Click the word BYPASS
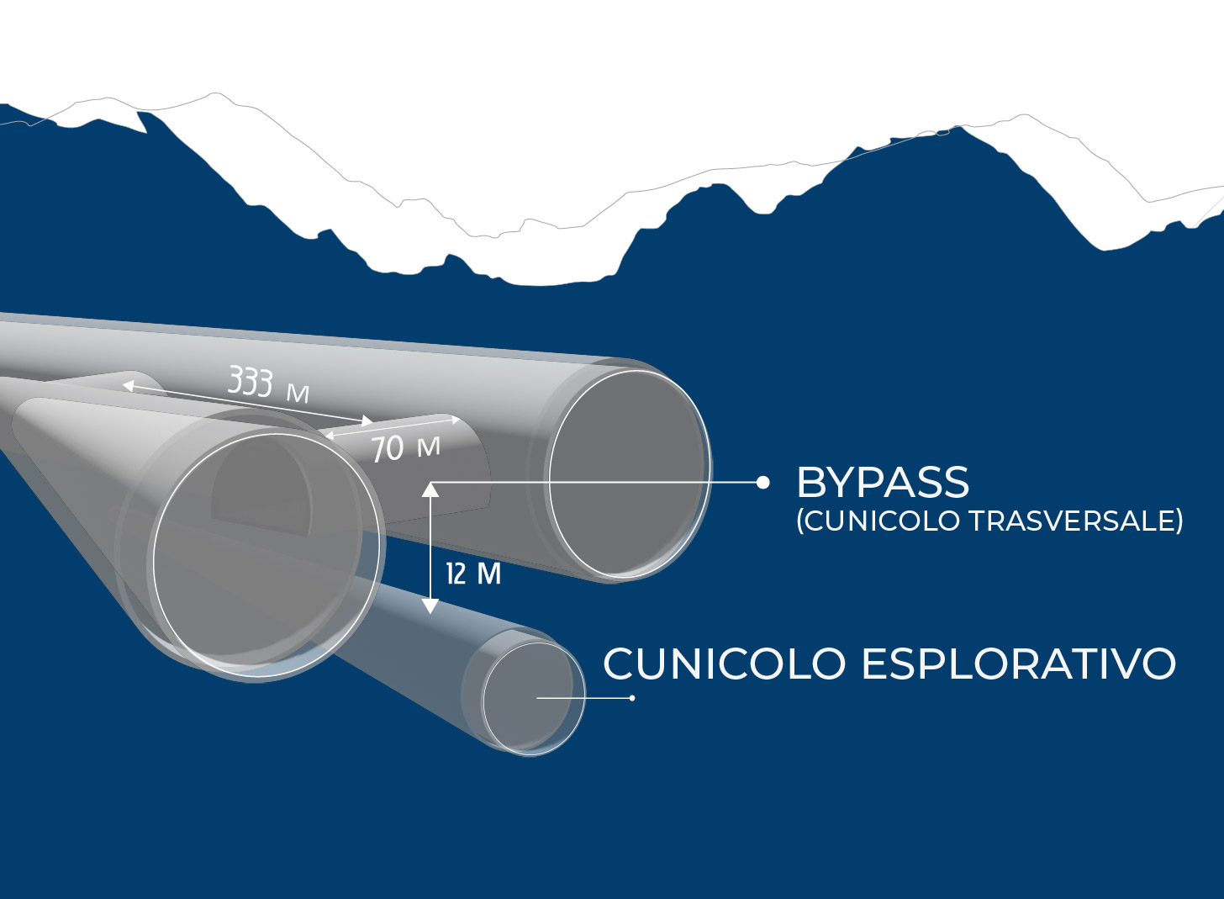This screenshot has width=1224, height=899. [883, 482]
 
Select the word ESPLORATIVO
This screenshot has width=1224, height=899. [1019, 664]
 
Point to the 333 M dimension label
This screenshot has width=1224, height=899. [268, 384]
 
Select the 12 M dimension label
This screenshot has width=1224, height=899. [473, 574]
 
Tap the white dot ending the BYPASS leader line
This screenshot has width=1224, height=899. [763, 483]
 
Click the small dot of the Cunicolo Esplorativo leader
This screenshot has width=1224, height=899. [632, 698]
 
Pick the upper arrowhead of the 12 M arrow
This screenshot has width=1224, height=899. [430, 489]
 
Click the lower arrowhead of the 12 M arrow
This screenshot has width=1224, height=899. [430, 606]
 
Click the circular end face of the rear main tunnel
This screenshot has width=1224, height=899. [630, 473]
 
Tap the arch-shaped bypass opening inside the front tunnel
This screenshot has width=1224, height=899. [261, 494]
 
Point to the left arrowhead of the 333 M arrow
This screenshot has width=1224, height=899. [127, 386]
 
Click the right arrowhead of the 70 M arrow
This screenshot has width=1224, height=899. [455, 419]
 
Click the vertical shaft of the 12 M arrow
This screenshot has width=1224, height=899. [430, 548]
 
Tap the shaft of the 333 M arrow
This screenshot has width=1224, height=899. [247, 404]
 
